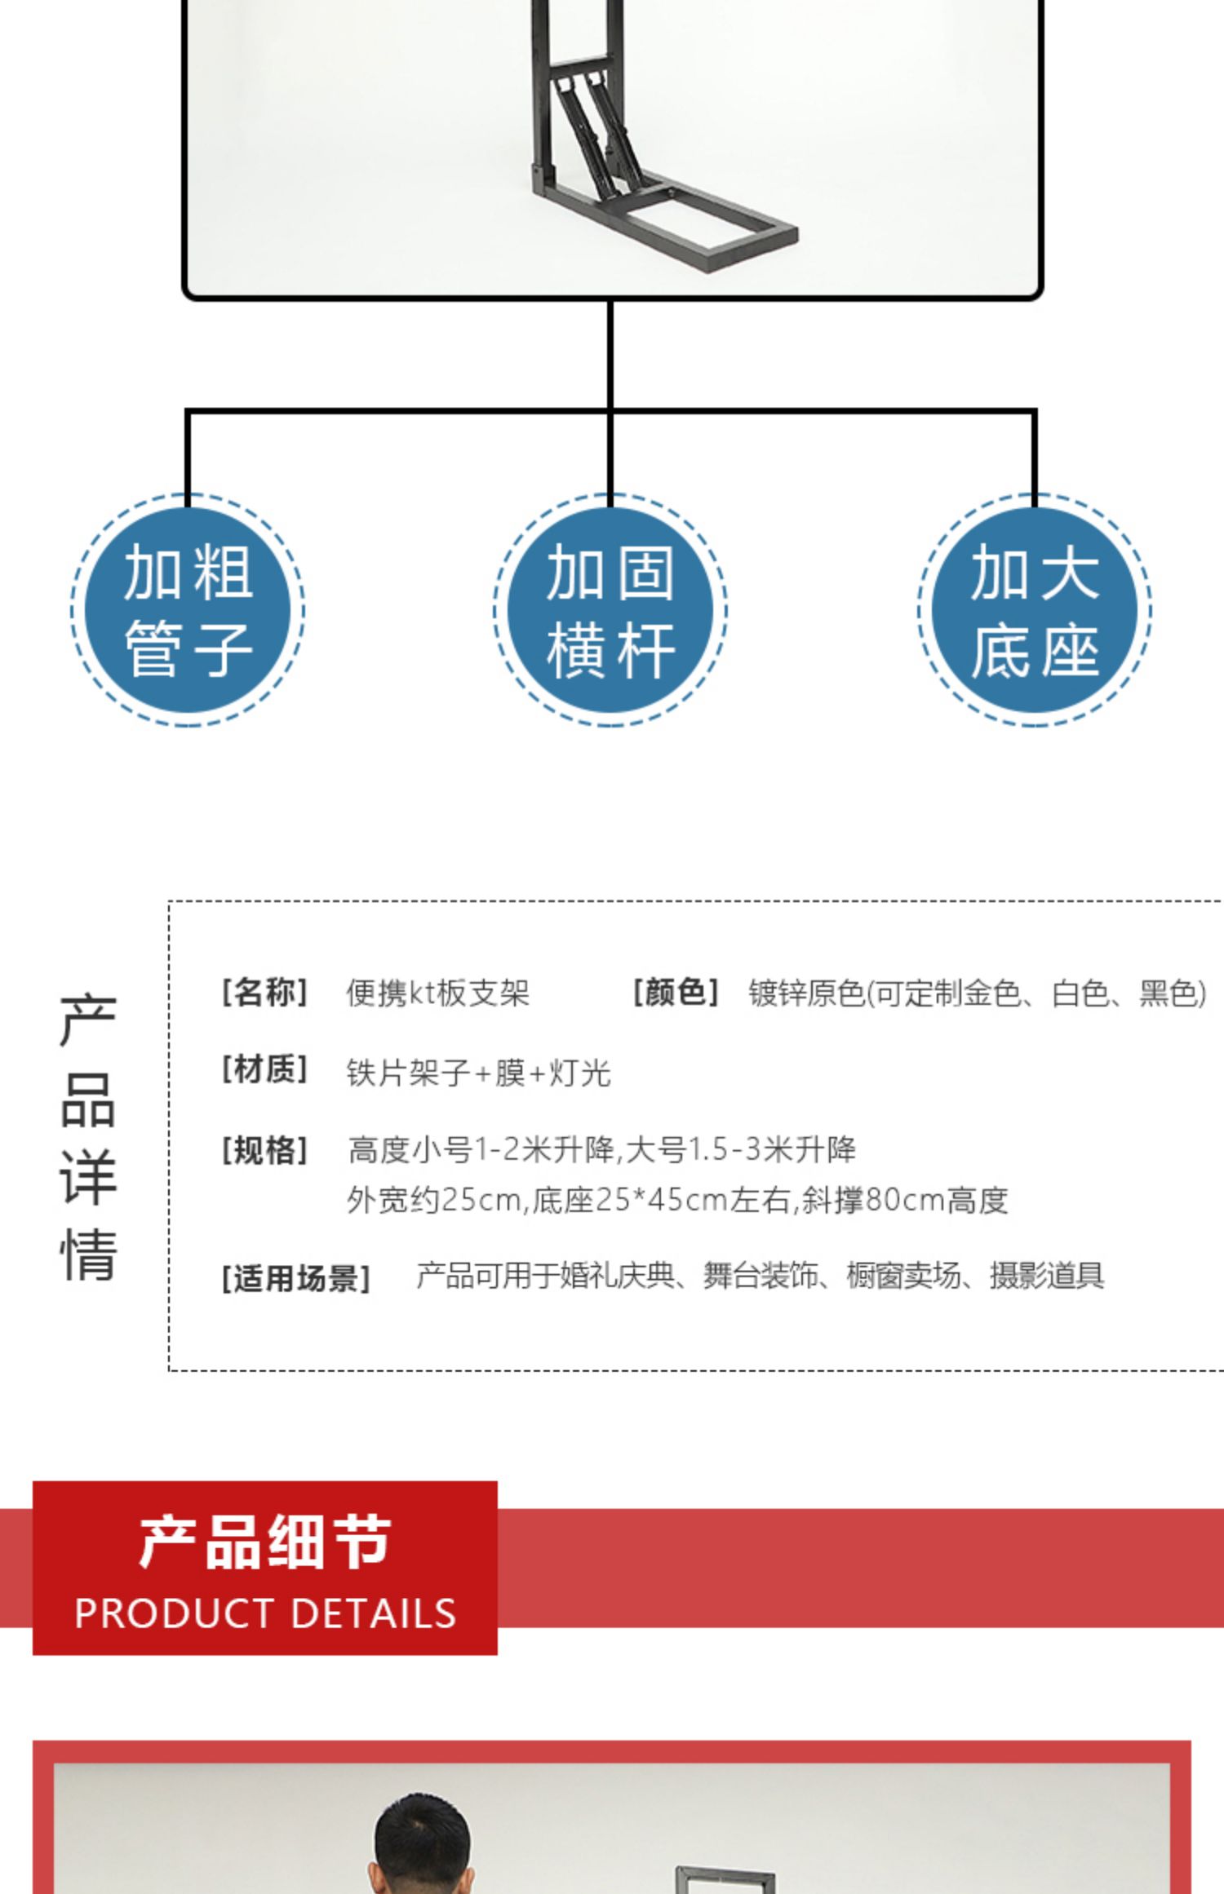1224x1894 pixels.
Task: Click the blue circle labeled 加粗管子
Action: coord(188,610)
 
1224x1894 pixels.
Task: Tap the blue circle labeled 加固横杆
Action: coord(610,610)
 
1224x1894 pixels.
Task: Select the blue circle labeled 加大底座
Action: coord(1035,610)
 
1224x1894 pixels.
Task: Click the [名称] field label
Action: coord(264,993)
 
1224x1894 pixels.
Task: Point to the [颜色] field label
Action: coord(676,993)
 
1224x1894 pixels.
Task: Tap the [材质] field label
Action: coord(264,1069)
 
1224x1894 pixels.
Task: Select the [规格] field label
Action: coord(264,1150)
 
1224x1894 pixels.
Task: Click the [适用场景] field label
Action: coord(296,1278)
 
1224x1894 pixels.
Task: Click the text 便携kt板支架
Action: coord(438,993)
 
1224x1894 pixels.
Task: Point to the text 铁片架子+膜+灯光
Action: coord(479,1073)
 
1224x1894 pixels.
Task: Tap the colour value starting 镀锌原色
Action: coord(977,993)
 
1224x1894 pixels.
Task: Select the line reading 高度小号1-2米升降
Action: coord(602,1150)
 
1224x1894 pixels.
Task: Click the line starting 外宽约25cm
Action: coord(677,1201)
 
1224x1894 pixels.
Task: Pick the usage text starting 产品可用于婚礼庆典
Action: coord(760,1276)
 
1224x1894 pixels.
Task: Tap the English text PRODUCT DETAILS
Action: coord(265,1614)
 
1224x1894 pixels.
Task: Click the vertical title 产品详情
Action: coord(88,1138)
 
